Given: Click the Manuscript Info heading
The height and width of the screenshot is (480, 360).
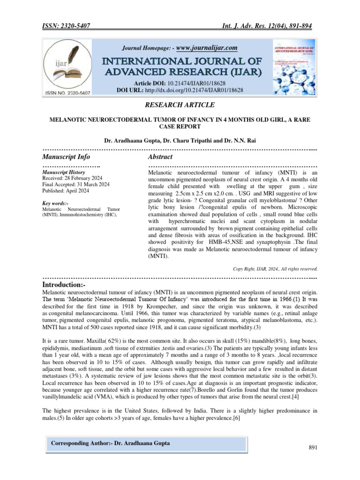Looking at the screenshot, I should [x=66, y=157].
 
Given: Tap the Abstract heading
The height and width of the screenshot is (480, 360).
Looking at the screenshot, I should [x=160, y=157].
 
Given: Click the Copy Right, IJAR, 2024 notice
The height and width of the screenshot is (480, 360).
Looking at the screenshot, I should [x=275, y=269].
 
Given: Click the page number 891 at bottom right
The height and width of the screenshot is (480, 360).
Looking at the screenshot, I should [x=313, y=448].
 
